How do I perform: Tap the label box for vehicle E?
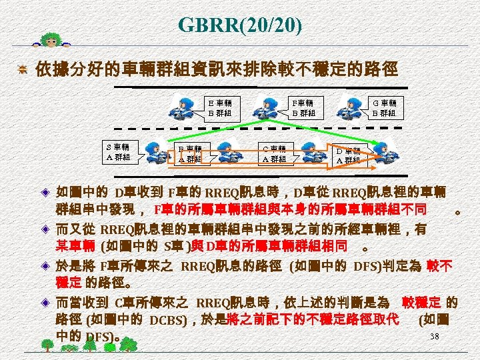(221, 108)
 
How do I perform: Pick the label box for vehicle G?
(384, 108)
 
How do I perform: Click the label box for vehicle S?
(117, 151)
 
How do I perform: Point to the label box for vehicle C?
(274, 154)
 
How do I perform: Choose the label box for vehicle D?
(349, 155)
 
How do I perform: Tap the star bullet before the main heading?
(23, 69)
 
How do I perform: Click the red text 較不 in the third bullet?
(439, 266)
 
